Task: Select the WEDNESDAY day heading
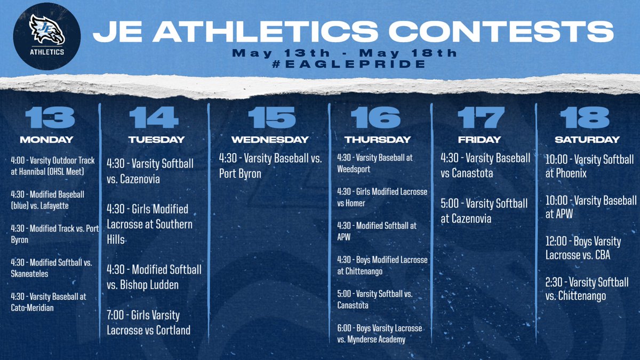[x=270, y=140]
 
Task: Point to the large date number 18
[x=587, y=117]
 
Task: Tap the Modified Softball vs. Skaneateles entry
[x=51, y=267]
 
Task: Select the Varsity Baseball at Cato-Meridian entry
[x=48, y=301]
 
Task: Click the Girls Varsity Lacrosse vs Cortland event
[x=148, y=323]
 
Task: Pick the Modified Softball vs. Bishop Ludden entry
[x=154, y=277]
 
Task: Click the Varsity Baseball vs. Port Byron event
[x=270, y=166]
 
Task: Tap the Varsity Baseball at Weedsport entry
[x=374, y=163]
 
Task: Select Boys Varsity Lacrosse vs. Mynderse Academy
[x=379, y=334]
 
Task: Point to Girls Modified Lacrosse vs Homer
[x=382, y=196]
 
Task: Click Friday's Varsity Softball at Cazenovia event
[x=483, y=211]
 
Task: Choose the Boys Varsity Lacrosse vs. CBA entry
[x=583, y=248]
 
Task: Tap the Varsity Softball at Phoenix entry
[x=589, y=166]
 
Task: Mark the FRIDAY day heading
[x=479, y=140]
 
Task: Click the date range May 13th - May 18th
[x=345, y=53]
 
